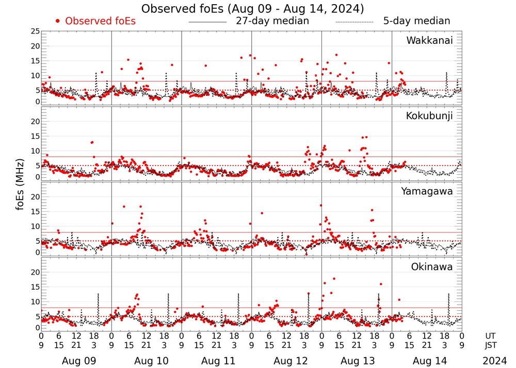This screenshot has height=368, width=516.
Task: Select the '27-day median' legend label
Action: [272, 21]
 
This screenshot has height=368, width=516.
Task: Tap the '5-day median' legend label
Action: [416, 21]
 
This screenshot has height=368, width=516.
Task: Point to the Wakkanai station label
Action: [429, 41]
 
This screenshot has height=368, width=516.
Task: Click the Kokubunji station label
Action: [429, 116]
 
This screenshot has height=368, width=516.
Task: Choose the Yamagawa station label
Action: [427, 191]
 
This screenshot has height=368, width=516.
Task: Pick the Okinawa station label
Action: [432, 266]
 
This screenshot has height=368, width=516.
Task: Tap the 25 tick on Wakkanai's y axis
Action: [34, 31]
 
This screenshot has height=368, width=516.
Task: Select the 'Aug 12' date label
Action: [286, 361]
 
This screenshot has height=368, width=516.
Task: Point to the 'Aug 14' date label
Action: [426, 361]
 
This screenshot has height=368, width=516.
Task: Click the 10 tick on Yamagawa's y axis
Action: [34, 226]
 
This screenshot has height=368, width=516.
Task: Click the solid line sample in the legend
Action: [207, 22]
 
